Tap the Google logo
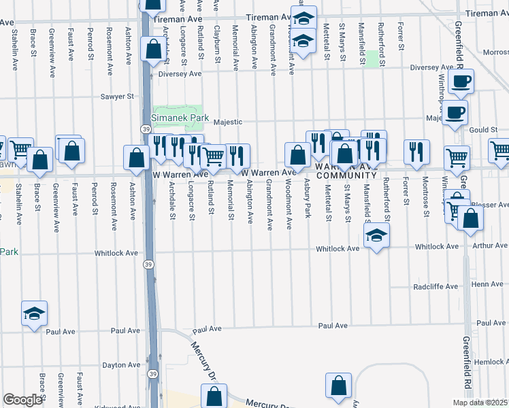(x=22, y=400)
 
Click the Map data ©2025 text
(x=480, y=403)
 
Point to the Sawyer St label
(x=117, y=97)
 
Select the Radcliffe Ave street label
(x=436, y=287)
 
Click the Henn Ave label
(x=487, y=284)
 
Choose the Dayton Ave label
(x=120, y=365)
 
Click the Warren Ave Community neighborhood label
(x=346, y=171)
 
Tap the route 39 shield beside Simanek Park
(x=146, y=129)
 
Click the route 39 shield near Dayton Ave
(x=154, y=374)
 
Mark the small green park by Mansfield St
(x=372, y=59)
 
